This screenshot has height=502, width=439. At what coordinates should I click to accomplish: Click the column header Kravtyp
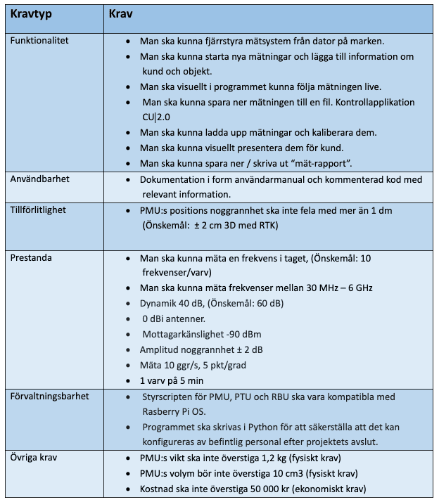click(x=31, y=13)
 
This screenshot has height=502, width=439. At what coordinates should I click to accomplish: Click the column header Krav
click(x=121, y=13)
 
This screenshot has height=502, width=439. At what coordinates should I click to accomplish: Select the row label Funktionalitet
click(x=39, y=41)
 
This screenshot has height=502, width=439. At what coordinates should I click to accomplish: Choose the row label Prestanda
click(x=31, y=257)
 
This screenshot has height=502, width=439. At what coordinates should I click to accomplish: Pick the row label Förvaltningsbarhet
click(x=50, y=396)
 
